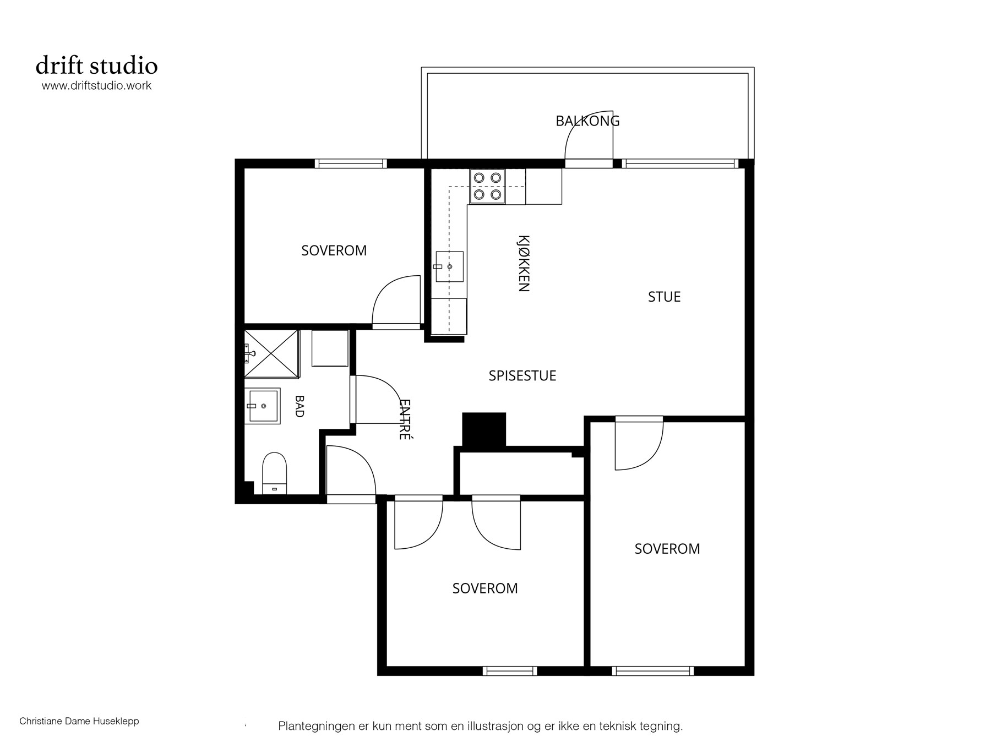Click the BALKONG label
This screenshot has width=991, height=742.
click(587, 121)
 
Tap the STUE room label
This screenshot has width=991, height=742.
click(664, 297)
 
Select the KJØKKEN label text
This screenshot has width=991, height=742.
click(524, 263)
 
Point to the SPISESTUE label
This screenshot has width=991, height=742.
click(522, 376)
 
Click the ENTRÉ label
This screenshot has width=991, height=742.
click(405, 419)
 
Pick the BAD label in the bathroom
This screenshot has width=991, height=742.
click(299, 406)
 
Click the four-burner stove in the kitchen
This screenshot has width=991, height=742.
click(487, 187)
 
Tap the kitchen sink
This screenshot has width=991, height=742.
click(449, 266)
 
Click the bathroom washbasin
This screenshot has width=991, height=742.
click(263, 406)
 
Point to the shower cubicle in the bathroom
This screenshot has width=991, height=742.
click(271, 353)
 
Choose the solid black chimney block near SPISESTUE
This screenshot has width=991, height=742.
click(484, 429)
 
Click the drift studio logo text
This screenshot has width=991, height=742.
click(97, 66)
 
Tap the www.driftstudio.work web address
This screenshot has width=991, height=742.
click(97, 86)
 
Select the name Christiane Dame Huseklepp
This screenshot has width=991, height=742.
click(79, 721)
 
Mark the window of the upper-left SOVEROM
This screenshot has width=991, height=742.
click(351, 163)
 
